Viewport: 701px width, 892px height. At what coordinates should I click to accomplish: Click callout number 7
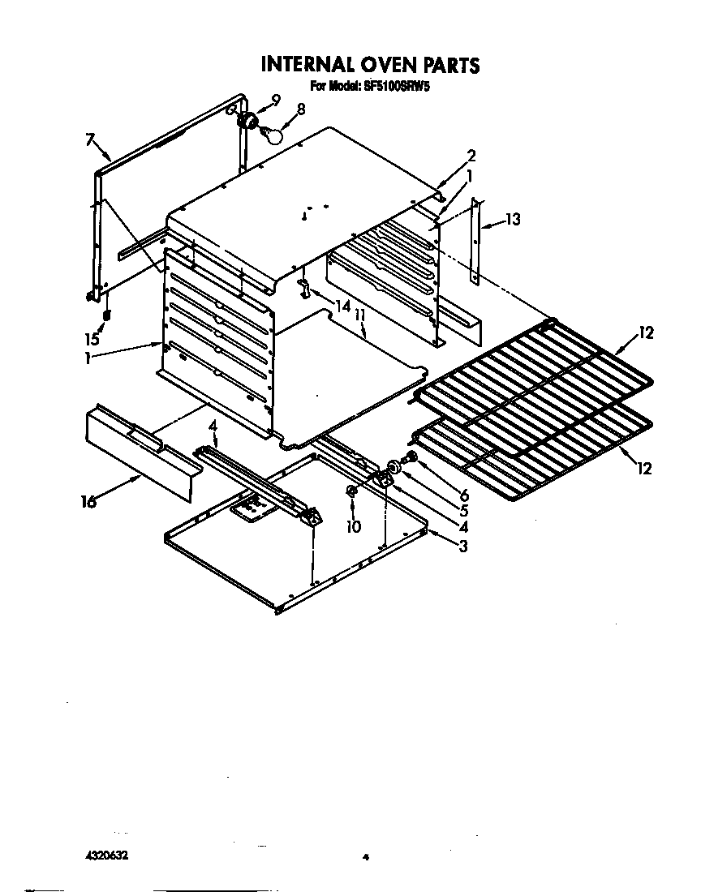click(90, 139)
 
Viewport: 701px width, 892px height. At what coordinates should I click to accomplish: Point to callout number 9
click(276, 100)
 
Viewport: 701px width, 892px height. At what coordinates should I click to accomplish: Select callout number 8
click(301, 109)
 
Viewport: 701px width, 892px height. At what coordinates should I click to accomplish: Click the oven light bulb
click(273, 135)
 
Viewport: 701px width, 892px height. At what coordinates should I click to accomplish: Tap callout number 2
click(471, 155)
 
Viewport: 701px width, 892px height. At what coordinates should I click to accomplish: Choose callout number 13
click(512, 219)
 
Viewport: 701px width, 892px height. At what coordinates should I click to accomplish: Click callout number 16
click(89, 503)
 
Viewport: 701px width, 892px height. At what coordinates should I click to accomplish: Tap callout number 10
click(353, 525)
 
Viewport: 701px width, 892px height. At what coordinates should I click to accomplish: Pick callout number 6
click(464, 495)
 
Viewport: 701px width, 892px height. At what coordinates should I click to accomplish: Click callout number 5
click(464, 511)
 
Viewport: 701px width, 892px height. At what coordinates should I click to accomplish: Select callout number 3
click(462, 546)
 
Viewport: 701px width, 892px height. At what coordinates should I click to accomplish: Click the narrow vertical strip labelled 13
click(476, 243)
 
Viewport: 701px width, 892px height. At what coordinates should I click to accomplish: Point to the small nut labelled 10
click(351, 491)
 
